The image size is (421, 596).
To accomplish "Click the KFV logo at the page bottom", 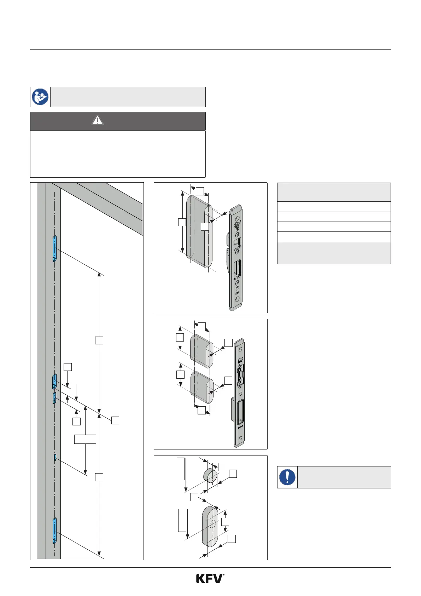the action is pyautogui.click(x=210, y=579).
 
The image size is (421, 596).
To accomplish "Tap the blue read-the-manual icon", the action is pyautogui.click(x=40, y=97).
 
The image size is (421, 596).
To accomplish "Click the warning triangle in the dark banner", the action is pyautogui.click(x=97, y=121).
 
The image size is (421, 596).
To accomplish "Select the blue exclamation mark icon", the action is pyautogui.click(x=287, y=477).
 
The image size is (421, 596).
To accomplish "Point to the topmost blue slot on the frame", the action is pyautogui.click(x=54, y=248).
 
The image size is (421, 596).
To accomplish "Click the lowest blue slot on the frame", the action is pyautogui.click(x=54, y=531).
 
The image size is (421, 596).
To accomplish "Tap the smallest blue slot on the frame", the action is pyautogui.click(x=55, y=458).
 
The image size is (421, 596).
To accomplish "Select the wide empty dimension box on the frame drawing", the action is pyautogui.click(x=85, y=439).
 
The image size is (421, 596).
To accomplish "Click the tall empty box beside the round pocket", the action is pyautogui.click(x=181, y=469).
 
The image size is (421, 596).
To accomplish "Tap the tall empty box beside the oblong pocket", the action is pyautogui.click(x=182, y=520).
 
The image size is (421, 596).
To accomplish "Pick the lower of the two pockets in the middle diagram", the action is pyautogui.click(x=202, y=387).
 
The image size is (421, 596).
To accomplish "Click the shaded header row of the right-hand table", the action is pyautogui.click(x=334, y=192).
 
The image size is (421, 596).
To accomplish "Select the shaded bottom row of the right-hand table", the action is pyautogui.click(x=334, y=253).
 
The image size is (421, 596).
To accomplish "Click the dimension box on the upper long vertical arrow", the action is pyautogui.click(x=99, y=340).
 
